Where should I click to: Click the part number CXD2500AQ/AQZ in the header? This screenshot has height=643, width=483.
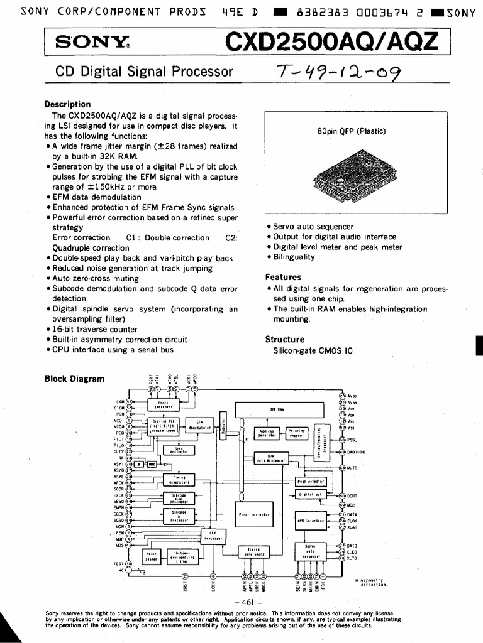[339, 42]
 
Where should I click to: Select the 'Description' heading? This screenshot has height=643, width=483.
[67, 104]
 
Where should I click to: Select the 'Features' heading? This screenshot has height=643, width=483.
[283, 277]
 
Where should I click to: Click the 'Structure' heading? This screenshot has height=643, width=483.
[285, 339]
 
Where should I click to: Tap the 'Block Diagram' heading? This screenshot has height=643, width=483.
[74, 379]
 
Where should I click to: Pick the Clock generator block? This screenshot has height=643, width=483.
[163, 406]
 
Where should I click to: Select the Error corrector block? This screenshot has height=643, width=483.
[254, 514]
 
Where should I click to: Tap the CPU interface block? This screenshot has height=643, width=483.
[311, 520]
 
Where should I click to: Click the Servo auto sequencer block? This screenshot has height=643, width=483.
[311, 551]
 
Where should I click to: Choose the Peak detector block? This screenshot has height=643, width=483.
[311, 482]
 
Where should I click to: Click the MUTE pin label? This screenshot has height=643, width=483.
[352, 468]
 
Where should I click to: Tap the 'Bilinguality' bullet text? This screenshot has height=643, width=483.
[294, 257]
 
